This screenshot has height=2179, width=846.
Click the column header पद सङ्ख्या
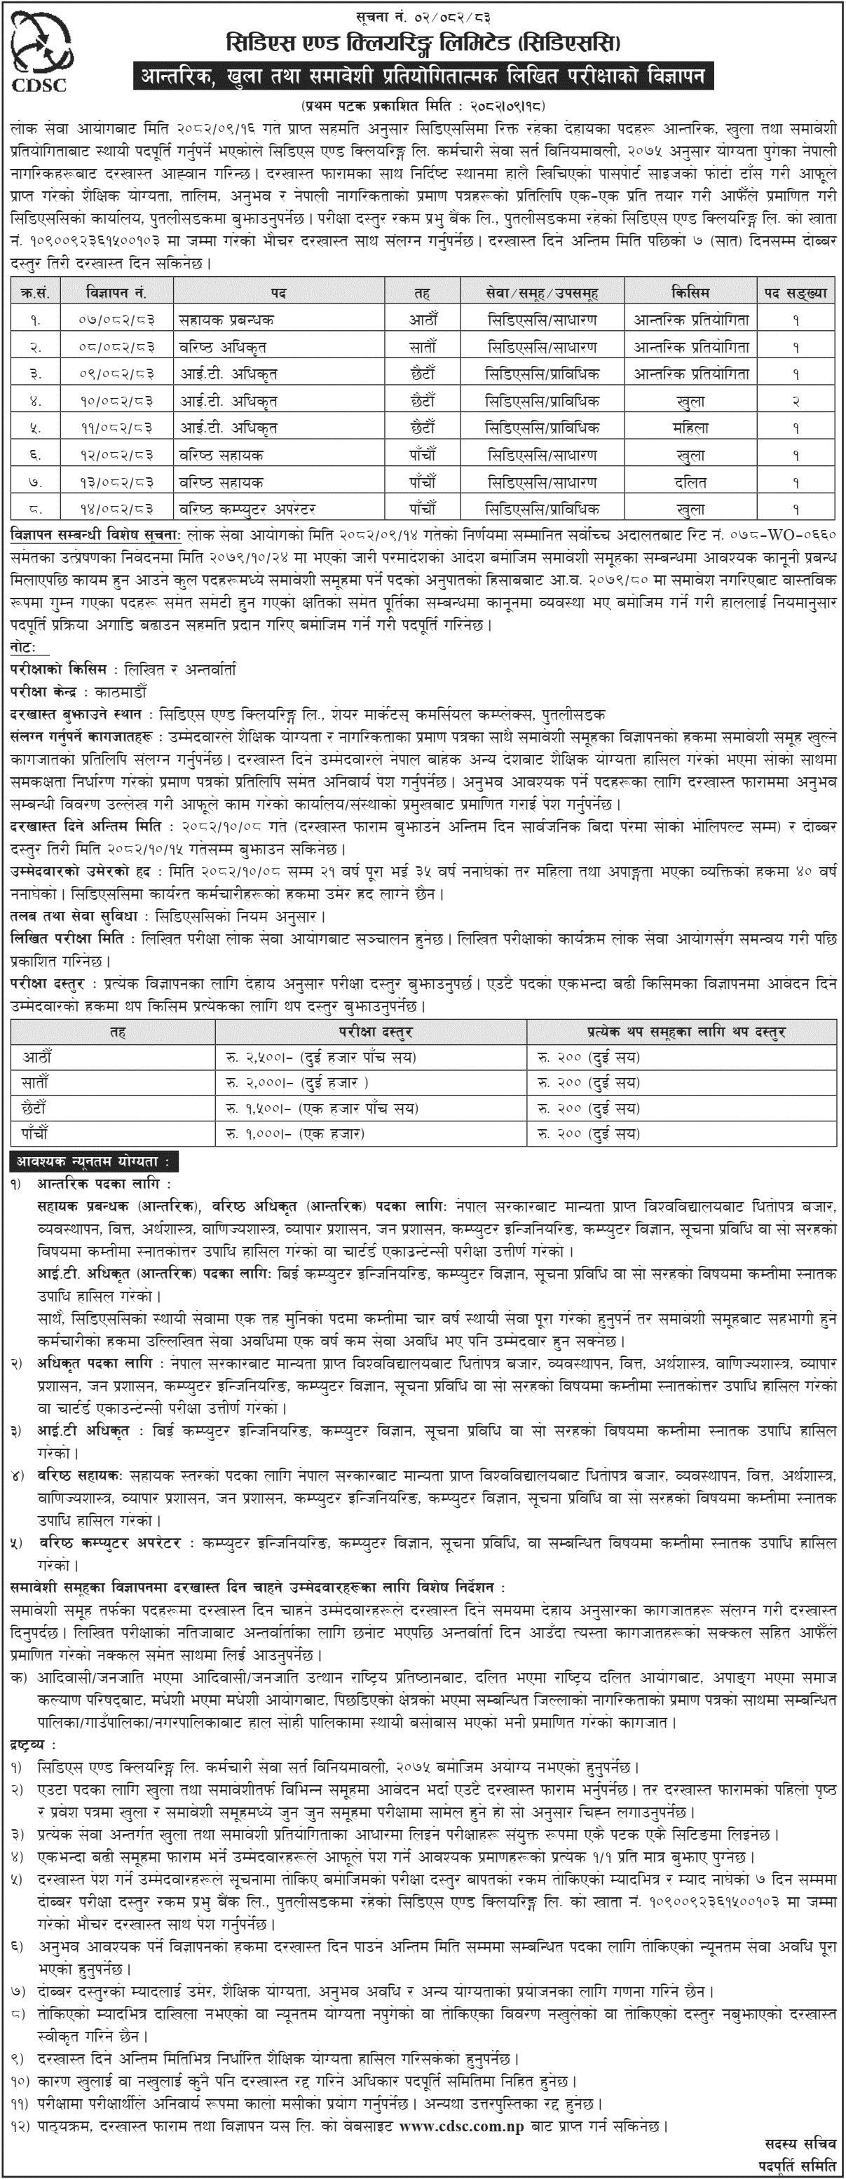pyautogui.click(x=796, y=293)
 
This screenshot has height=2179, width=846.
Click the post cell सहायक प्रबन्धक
pyautogui.click(x=226, y=320)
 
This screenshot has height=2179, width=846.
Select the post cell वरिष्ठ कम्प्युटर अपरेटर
pyautogui.click(x=246, y=510)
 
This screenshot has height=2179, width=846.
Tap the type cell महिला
pyautogui.click(x=691, y=428)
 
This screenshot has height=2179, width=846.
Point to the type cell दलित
pyautogui.click(x=691, y=482)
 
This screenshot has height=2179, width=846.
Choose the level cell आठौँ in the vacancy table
pyautogui.click(x=422, y=320)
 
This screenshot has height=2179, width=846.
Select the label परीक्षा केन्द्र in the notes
pyautogui.click(x=46, y=691)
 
